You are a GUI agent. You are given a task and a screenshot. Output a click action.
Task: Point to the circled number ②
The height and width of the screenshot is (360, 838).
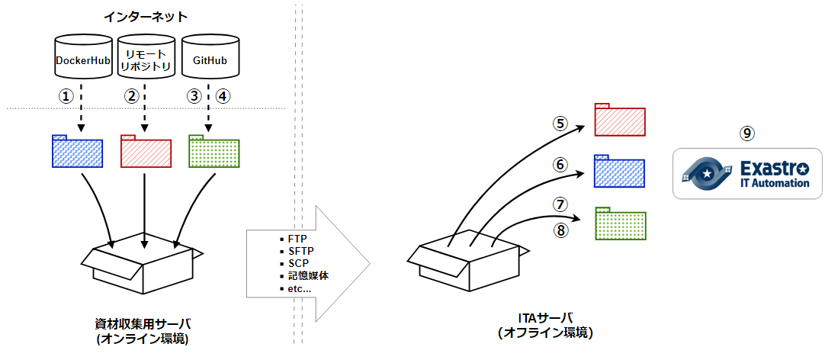click(x=132, y=96)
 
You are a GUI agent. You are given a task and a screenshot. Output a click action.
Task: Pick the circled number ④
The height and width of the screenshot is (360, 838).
click(x=222, y=96)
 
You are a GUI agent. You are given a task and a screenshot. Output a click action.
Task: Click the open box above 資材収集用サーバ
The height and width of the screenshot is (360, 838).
click(x=143, y=264)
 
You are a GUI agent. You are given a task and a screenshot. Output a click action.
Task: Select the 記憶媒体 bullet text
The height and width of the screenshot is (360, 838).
click(x=309, y=276)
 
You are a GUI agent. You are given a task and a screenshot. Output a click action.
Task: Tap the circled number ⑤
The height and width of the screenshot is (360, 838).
click(x=560, y=123)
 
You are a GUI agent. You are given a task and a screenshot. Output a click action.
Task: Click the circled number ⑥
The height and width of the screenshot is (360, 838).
click(x=560, y=164)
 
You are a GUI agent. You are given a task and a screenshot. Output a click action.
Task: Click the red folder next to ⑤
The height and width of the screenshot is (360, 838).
click(x=619, y=119)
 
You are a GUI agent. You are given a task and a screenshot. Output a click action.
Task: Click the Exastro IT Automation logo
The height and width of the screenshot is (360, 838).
click(x=747, y=173)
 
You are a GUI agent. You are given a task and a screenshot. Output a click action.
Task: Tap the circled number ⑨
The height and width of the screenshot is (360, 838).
click(x=747, y=133)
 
